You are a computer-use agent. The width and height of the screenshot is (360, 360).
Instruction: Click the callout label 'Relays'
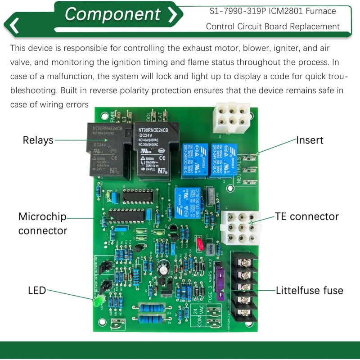pyautogui.click(x=38, y=140)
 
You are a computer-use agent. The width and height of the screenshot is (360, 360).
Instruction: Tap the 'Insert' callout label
pyautogui.click(x=309, y=140)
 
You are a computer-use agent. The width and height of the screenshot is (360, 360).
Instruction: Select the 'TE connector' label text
pyautogui.click(x=307, y=216)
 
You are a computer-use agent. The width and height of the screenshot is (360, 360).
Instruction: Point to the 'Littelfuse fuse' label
pyautogui.click(x=309, y=290)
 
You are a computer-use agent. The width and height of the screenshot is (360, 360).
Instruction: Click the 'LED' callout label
pyautogui.click(x=37, y=290)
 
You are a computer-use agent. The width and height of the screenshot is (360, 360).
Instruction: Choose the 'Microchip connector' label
pyautogui.click(x=42, y=224)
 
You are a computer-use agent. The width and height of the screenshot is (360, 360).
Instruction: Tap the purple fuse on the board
pyautogui.click(x=220, y=283)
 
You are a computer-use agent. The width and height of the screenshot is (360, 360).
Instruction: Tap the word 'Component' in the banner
pyautogui.click(x=112, y=14)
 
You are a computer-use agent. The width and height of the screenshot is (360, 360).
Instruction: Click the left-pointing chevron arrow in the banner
pyautogui.click(x=14, y=25)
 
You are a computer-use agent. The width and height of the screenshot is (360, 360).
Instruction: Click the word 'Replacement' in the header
pyautogui.click(x=315, y=26)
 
